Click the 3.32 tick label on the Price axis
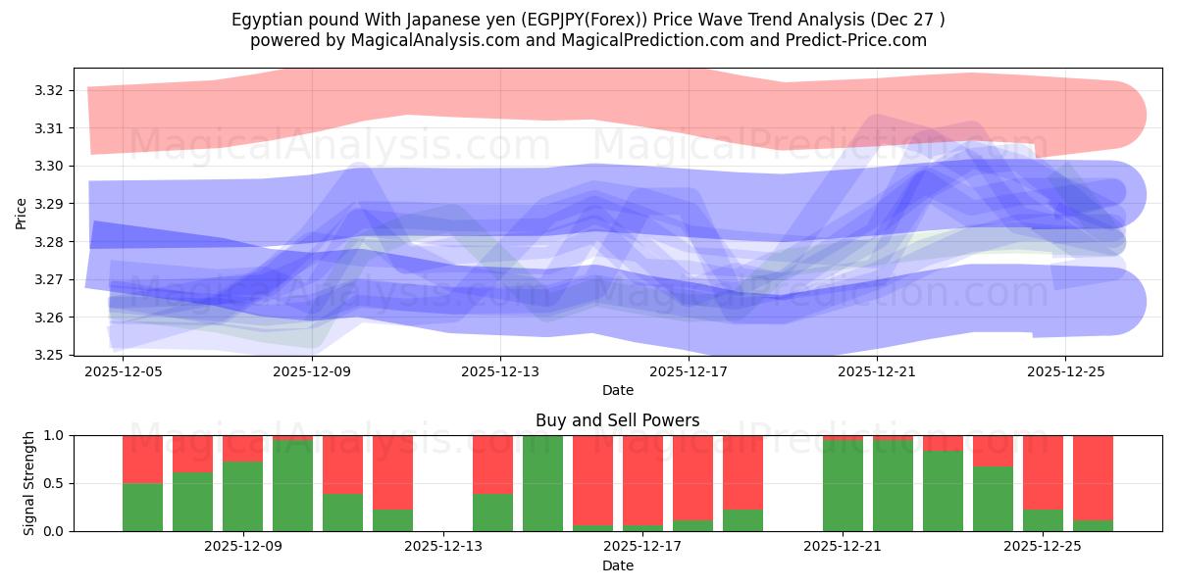pyautogui.click(x=49, y=90)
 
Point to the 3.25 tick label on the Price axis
pyautogui.click(x=49, y=355)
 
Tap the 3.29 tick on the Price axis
pyautogui.click(x=49, y=204)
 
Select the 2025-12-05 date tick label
pyautogui.click(x=124, y=371)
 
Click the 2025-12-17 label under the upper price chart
pyautogui.click(x=689, y=371)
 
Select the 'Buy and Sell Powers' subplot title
pyautogui.click(x=617, y=420)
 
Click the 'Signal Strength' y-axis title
pyautogui.click(x=29, y=483)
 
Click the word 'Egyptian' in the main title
pyautogui.click(x=264, y=20)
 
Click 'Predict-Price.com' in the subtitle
pyautogui.click(x=859, y=40)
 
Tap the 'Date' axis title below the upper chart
pyautogui.click(x=617, y=390)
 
